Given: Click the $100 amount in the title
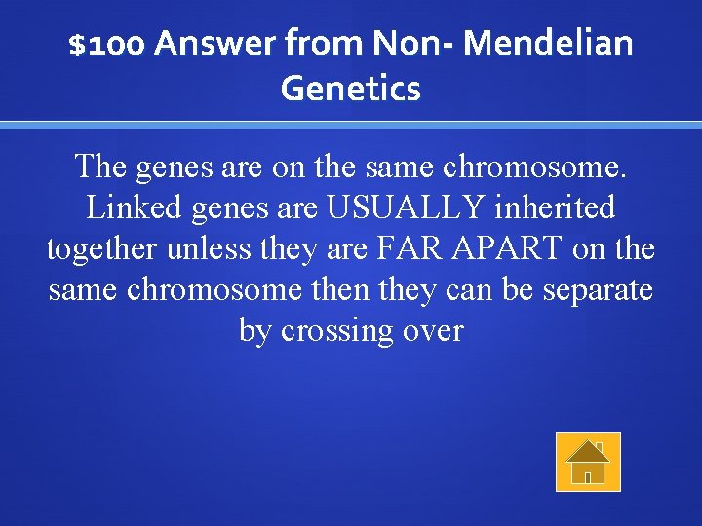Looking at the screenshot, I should click(107, 44).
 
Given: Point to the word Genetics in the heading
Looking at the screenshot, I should click(351, 90).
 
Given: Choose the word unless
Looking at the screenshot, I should click(208, 249).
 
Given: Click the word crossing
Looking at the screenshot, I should click(335, 332).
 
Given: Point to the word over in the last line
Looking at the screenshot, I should click(431, 332).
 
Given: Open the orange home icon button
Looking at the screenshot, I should click(588, 462).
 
